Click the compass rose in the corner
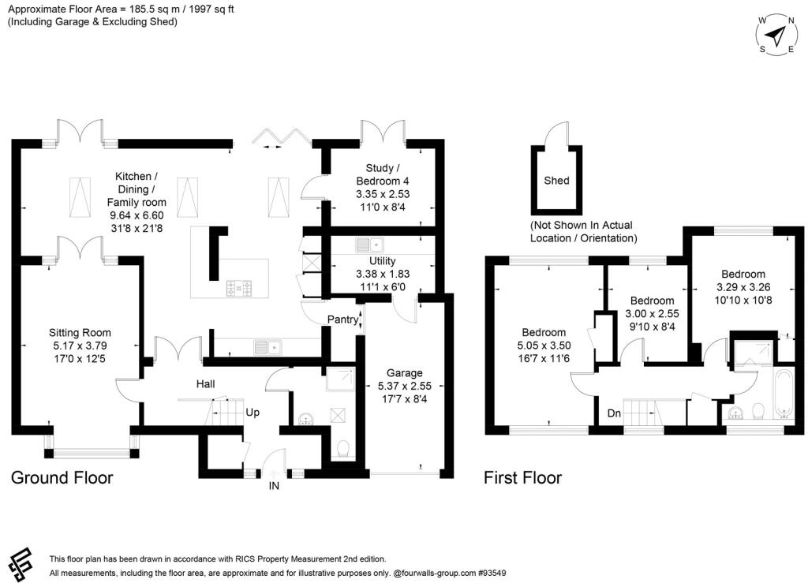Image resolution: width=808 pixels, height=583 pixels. [x=776, y=35]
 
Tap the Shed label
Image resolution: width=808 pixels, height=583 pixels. [x=556, y=180]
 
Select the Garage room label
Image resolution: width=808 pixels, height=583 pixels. [x=405, y=372]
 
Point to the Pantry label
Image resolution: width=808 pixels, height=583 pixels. [x=342, y=320]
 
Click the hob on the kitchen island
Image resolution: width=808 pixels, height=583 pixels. [x=239, y=287]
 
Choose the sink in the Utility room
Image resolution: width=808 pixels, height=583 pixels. [x=369, y=245]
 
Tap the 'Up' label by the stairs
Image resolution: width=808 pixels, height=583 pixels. [x=252, y=412]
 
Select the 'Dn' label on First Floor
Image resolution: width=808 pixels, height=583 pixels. [x=614, y=413]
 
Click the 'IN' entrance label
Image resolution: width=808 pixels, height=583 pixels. [x=274, y=485]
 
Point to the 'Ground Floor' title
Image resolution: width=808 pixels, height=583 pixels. [x=62, y=477]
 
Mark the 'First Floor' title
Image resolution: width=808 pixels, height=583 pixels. [x=522, y=477]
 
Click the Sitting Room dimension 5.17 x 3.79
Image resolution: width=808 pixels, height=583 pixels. [x=80, y=346]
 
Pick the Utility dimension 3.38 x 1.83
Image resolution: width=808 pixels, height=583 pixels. [x=383, y=274]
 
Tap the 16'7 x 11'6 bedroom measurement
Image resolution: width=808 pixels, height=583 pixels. [x=544, y=358]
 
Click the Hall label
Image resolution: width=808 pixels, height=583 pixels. [x=206, y=383]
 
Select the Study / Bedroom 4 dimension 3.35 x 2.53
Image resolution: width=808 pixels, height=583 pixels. [x=383, y=194]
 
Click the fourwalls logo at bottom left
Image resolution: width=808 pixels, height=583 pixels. [x=21, y=564]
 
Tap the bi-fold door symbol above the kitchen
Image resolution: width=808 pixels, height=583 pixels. [x=281, y=137]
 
